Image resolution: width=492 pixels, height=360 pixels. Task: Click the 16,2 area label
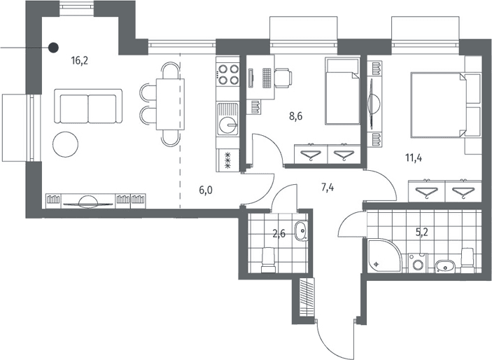tap(80, 60)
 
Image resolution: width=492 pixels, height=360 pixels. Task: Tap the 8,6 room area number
tap(296, 116)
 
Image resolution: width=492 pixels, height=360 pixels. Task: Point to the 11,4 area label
tap(414, 158)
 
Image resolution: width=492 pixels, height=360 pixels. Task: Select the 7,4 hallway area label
tap(328, 188)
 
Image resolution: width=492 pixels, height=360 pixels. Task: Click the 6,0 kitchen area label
tap(206, 190)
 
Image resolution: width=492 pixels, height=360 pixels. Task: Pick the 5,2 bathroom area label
tap(422, 232)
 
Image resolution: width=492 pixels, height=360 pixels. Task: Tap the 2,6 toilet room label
tap(279, 234)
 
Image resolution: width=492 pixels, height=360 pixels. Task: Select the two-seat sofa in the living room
tap(88, 106)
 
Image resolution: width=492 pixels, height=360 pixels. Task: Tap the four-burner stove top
tap(228, 75)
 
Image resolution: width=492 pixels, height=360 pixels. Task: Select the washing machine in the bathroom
tap(419, 263)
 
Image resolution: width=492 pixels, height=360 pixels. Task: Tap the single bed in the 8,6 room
tap(342, 91)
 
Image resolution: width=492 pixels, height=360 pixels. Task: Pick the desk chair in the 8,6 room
tap(283, 78)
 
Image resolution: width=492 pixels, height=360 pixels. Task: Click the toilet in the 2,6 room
tap(269, 260)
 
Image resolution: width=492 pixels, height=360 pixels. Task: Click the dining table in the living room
tap(170, 104)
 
